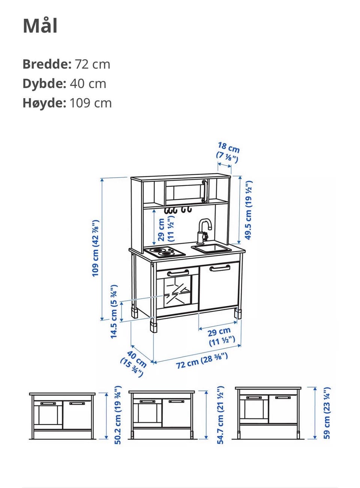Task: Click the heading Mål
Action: [40, 26]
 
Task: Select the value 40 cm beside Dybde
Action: [88, 84]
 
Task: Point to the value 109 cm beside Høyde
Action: [91, 103]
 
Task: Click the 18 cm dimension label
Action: [229, 148]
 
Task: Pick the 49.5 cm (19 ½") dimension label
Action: [248, 210]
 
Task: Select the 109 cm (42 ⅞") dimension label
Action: [96, 248]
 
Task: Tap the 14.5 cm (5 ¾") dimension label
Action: [114, 312]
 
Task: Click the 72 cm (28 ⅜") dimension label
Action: [202, 361]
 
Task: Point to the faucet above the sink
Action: [204, 232]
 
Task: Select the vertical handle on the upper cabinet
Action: [204, 191]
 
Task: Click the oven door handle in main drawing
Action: [178, 273]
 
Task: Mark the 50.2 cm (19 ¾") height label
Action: [118, 415]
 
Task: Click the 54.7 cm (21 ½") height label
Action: [220, 415]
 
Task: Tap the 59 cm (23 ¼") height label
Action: [327, 413]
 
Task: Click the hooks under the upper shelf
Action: [178, 210]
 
